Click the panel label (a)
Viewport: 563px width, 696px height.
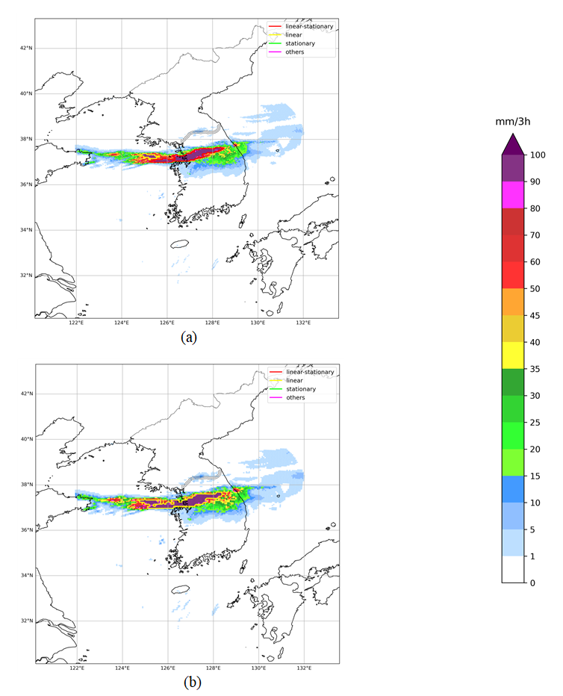click(188, 337)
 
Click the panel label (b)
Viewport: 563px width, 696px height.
click(188, 682)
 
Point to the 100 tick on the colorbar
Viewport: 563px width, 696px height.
click(537, 155)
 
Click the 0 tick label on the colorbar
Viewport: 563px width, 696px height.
click(532, 582)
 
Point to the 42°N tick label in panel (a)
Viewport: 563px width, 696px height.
click(25, 49)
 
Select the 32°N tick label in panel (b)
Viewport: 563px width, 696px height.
click(25, 621)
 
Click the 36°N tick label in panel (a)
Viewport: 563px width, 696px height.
click(25, 184)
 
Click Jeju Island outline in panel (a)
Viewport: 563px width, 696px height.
click(179, 243)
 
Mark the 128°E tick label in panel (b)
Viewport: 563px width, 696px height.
click(213, 668)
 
